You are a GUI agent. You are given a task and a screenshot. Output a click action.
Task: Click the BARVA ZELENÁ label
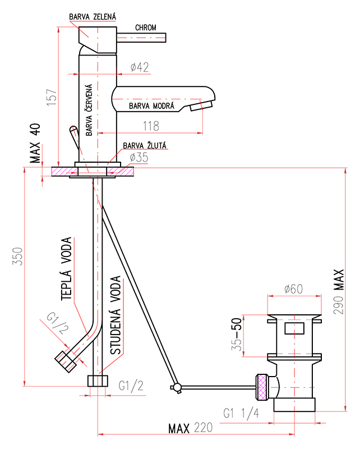93,17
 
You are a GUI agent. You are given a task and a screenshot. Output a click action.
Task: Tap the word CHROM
146,28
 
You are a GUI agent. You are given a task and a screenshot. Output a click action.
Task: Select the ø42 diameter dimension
140,67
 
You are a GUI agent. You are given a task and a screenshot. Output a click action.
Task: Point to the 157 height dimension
52,97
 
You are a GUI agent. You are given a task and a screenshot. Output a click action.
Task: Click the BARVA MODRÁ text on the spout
151,106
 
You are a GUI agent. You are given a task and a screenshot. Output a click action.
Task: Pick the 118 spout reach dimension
151,126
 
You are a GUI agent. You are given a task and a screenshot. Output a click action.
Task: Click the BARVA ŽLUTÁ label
145,145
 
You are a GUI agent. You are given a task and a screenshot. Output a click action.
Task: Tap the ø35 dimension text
139,157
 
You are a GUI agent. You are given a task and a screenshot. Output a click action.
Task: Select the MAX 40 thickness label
35,143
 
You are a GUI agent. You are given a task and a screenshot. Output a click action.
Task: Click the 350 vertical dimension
17,256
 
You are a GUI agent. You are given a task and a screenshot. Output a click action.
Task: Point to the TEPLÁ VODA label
66,269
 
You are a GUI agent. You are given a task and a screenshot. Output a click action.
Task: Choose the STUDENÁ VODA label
116,315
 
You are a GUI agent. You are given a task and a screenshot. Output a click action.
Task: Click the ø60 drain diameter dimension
294,289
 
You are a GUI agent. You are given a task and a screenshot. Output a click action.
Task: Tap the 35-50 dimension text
237,335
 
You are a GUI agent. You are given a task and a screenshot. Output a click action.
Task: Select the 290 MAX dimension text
339,291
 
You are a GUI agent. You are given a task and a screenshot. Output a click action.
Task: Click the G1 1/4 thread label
241,413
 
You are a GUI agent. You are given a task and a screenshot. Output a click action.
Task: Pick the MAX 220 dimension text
190,428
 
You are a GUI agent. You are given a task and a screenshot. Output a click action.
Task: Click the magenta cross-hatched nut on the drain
262,387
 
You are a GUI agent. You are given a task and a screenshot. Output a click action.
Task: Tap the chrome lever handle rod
141,38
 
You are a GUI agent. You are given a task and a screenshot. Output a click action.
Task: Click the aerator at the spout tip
201,105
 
